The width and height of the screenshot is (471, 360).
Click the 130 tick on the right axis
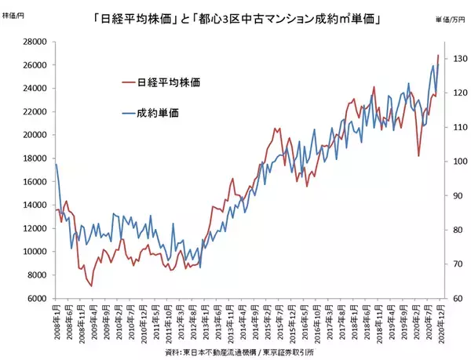(455, 59)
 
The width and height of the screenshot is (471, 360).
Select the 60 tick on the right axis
(454, 299)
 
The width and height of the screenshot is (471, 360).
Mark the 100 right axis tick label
(455, 162)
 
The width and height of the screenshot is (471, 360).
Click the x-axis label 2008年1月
(56, 322)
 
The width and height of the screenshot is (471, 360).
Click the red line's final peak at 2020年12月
(437, 56)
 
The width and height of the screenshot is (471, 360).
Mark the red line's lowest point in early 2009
(91, 285)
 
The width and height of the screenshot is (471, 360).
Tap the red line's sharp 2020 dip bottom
(418, 155)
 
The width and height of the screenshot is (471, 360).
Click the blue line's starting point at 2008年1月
(56, 165)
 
